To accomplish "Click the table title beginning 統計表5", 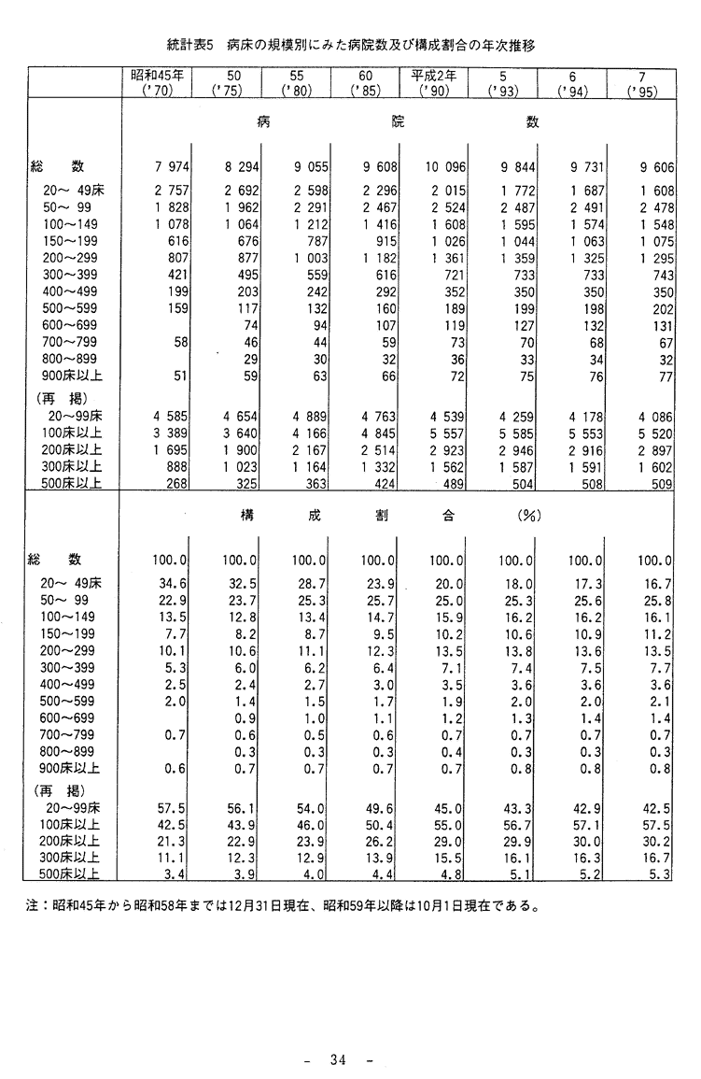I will click(350, 43).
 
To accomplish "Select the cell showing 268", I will click(178, 483).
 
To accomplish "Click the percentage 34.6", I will click(175, 583).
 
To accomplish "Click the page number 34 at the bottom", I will click(338, 1059).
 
